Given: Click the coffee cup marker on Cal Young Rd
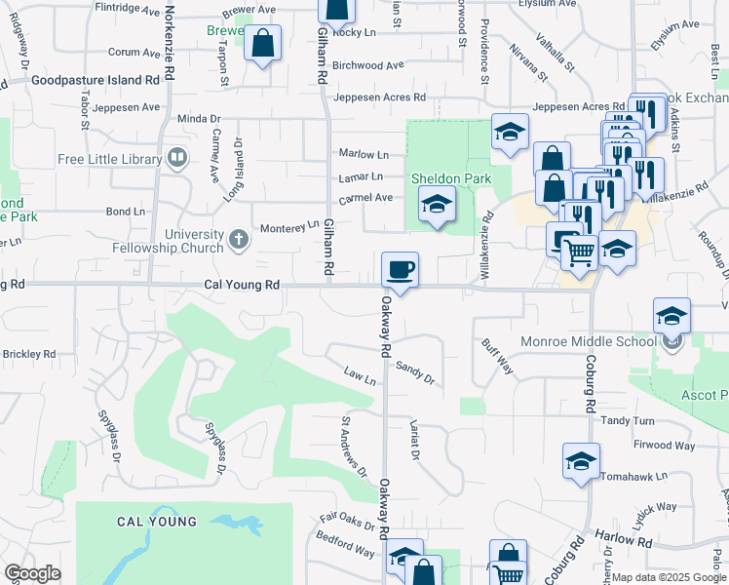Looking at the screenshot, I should point(400,269).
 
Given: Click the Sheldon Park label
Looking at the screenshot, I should point(450,178).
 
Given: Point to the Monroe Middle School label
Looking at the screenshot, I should point(589,341).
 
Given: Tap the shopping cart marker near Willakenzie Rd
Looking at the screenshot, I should point(579,253).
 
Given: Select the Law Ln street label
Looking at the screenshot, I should point(360,375).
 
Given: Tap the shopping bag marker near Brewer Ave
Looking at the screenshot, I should point(262,44).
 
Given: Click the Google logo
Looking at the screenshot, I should point(31,573).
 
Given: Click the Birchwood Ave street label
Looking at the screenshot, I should point(368,65).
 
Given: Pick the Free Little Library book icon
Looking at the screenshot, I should point(177,157).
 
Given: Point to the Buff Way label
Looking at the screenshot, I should point(497,356).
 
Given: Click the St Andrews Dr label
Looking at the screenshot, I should point(353,448).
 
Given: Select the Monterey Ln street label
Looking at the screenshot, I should point(289,227).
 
